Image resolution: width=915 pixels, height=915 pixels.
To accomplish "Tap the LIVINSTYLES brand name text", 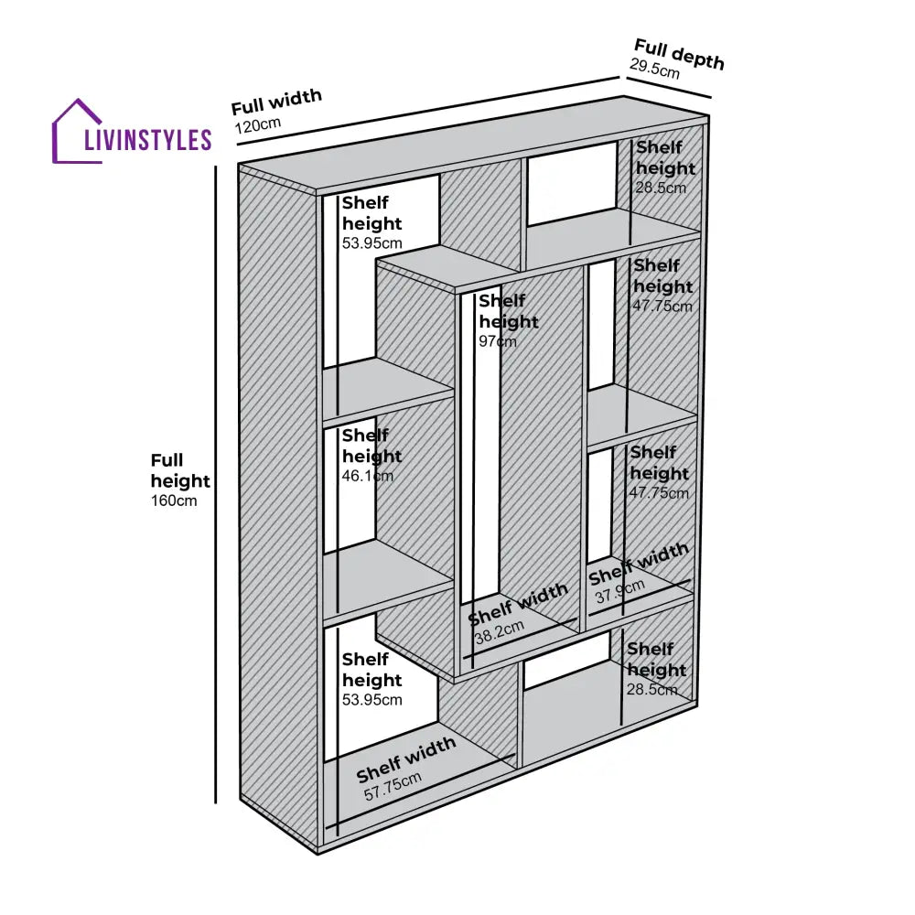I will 147,140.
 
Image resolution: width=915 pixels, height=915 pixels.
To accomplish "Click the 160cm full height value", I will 174,501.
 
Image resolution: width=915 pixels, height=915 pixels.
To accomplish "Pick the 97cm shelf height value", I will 498,341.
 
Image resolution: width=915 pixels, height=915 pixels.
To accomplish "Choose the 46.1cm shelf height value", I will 368,476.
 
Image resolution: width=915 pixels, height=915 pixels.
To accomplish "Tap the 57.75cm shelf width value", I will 393,786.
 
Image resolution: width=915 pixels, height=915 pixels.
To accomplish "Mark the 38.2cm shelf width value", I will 499,630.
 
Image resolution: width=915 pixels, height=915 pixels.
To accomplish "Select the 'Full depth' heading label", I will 679,54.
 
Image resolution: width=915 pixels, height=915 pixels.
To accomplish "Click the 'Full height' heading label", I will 180,470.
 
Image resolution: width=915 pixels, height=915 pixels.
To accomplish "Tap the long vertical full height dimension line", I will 216,485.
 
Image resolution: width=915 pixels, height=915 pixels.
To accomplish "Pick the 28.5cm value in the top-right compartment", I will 661,188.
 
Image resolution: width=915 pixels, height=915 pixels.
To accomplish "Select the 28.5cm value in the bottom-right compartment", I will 652,689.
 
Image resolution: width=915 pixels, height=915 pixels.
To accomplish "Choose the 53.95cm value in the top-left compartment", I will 372,243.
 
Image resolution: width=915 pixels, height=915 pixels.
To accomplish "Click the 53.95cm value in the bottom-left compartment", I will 372,700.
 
